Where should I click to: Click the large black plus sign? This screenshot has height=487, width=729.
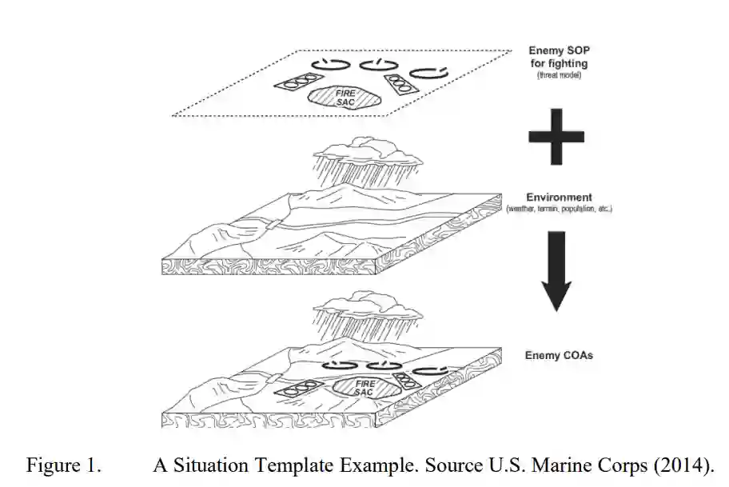click(557, 138)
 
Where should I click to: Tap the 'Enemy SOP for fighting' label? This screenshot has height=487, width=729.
click(559, 57)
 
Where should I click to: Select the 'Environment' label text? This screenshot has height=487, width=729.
click(559, 197)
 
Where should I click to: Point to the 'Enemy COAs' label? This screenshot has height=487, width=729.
click(559, 355)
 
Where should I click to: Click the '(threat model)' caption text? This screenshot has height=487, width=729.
click(559, 74)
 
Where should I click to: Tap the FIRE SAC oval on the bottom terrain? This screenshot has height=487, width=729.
click(364, 388)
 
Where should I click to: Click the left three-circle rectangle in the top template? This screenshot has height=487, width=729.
click(295, 82)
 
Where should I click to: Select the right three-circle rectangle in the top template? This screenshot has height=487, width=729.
click(399, 84)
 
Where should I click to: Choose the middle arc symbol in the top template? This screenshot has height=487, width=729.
click(376, 64)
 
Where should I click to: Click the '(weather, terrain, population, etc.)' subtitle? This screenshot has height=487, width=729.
click(559, 209)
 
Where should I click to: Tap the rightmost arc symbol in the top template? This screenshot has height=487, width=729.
click(428, 71)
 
